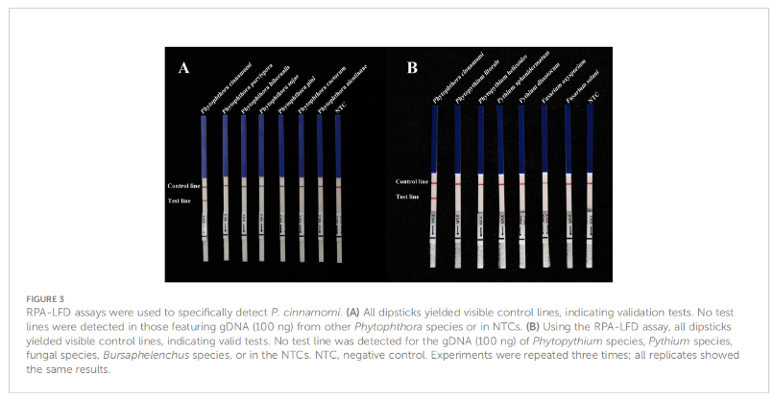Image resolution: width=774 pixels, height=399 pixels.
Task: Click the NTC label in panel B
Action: point(593,97)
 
